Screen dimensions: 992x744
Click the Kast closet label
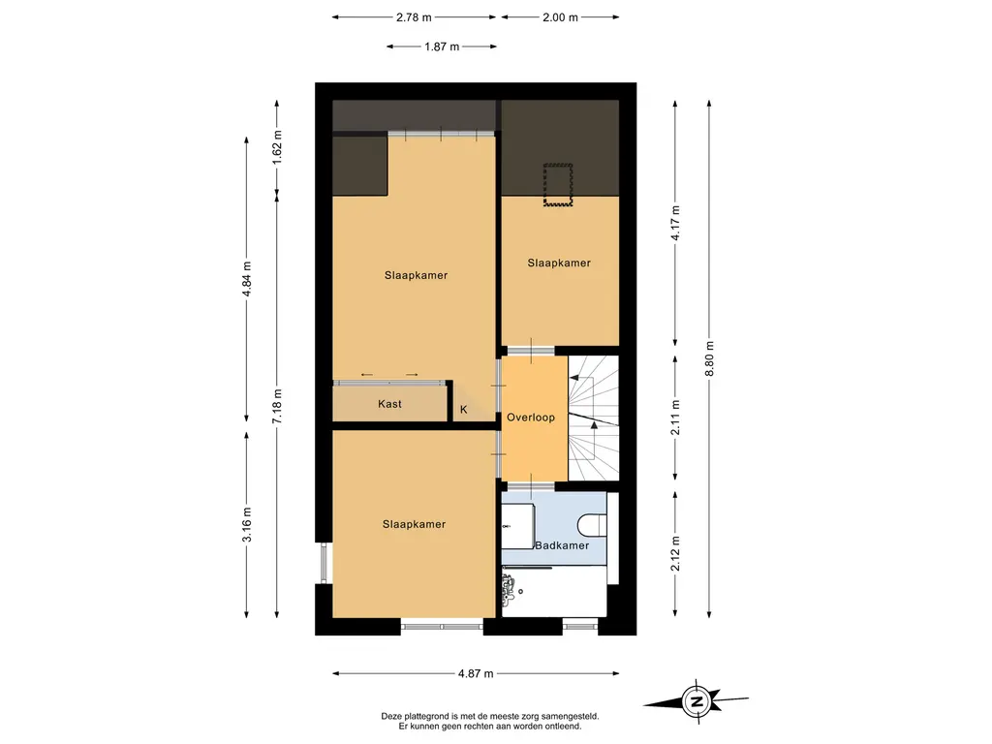389,404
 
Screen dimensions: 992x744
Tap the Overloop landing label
531,418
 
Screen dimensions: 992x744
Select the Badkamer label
562,545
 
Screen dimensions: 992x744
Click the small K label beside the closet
464,410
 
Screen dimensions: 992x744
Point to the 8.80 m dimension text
709,358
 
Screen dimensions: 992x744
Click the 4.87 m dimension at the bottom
476,674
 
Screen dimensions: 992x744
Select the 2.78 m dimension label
414,17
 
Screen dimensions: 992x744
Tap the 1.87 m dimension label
442,46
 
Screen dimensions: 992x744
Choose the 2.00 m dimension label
560,17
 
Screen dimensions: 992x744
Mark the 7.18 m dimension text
277,407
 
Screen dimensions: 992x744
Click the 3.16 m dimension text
247,525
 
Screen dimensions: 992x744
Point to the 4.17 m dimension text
675,223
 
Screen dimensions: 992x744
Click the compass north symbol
697,701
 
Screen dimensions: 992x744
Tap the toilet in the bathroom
593,524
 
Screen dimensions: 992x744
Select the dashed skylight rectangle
558,185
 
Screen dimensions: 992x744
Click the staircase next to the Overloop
594,418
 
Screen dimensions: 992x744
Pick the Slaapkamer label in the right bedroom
559,263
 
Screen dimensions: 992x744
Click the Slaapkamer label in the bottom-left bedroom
414,524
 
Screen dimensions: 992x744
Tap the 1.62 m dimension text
277,147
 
